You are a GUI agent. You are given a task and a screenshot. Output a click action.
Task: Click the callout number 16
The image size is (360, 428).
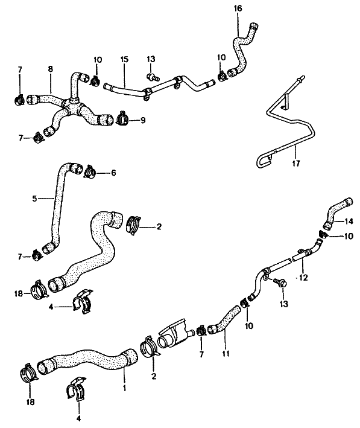coord(238,8)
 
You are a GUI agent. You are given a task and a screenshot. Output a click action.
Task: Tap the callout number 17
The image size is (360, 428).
coord(296,164)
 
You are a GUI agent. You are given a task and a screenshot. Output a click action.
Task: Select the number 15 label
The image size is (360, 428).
coord(124,60)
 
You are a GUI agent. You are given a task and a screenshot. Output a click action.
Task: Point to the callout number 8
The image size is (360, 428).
coord(51,69)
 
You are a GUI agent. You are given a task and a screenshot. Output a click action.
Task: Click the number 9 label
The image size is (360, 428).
coord(143,120)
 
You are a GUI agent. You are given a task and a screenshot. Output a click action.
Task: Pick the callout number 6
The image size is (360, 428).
coord(113,173)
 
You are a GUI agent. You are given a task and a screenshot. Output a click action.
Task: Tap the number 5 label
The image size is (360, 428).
coord(34,199)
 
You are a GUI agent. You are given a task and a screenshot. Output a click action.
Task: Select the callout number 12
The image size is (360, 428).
coord(303,278)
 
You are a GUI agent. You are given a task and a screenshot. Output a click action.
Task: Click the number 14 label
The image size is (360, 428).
coord(349,221)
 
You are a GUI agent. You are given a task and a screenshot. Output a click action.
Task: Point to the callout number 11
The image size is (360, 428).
coord(226,354)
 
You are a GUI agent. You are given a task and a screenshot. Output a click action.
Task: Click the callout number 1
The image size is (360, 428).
coord(124,388)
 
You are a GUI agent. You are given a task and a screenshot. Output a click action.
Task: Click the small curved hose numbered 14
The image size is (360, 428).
coord(337,213)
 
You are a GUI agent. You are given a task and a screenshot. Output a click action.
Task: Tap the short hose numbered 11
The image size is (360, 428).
coord(224,320)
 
